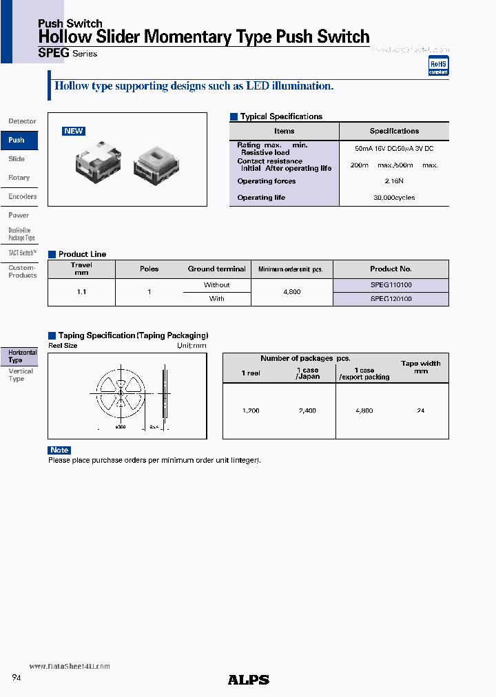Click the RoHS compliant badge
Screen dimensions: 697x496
click(438, 66)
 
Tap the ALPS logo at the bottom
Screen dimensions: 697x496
click(248, 680)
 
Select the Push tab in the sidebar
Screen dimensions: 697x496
click(17, 140)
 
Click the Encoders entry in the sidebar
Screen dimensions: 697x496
click(22, 196)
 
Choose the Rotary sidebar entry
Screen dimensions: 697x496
click(19, 178)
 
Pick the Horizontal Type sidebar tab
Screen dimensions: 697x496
click(21, 356)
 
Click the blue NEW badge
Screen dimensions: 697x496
click(74, 131)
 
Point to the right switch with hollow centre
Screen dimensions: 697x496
click(158, 163)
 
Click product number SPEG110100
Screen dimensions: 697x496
click(391, 284)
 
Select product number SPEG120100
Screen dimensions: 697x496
click(391, 299)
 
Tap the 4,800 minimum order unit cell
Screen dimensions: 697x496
click(292, 292)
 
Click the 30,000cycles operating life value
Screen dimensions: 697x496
click(394, 198)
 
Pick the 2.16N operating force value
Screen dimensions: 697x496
click(394, 181)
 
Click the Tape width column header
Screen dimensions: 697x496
click(420, 367)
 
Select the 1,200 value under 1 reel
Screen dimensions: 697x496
click(251, 410)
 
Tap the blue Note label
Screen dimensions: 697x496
click(59, 450)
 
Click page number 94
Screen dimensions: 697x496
click(17, 678)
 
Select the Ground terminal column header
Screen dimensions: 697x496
click(216, 269)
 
